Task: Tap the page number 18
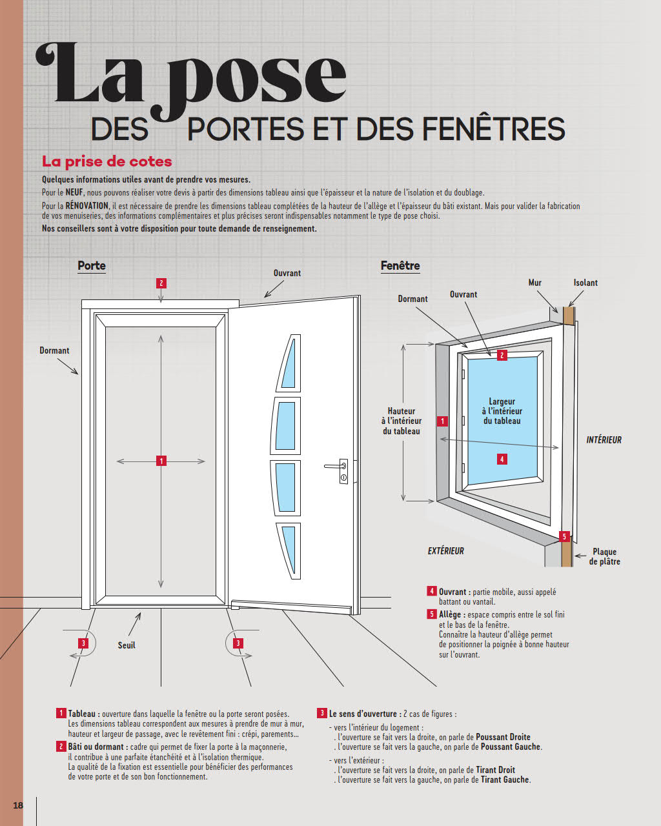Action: point(18,805)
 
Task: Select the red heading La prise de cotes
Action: point(107,161)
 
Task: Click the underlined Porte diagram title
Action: point(92,266)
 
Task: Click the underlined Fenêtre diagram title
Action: point(400,266)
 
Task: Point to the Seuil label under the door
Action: point(127,645)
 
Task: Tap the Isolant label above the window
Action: point(585,283)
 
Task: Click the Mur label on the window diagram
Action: point(534,283)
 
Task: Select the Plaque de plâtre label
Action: point(605,556)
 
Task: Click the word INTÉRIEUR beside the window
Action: point(604,440)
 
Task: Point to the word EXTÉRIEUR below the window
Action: point(446,551)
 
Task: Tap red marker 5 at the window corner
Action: point(564,536)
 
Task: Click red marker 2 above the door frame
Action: point(161,283)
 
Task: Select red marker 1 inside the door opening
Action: point(161,461)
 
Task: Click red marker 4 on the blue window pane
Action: point(502,459)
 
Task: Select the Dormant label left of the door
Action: point(54,350)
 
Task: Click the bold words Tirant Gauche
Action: point(505,780)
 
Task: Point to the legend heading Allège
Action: point(450,614)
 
